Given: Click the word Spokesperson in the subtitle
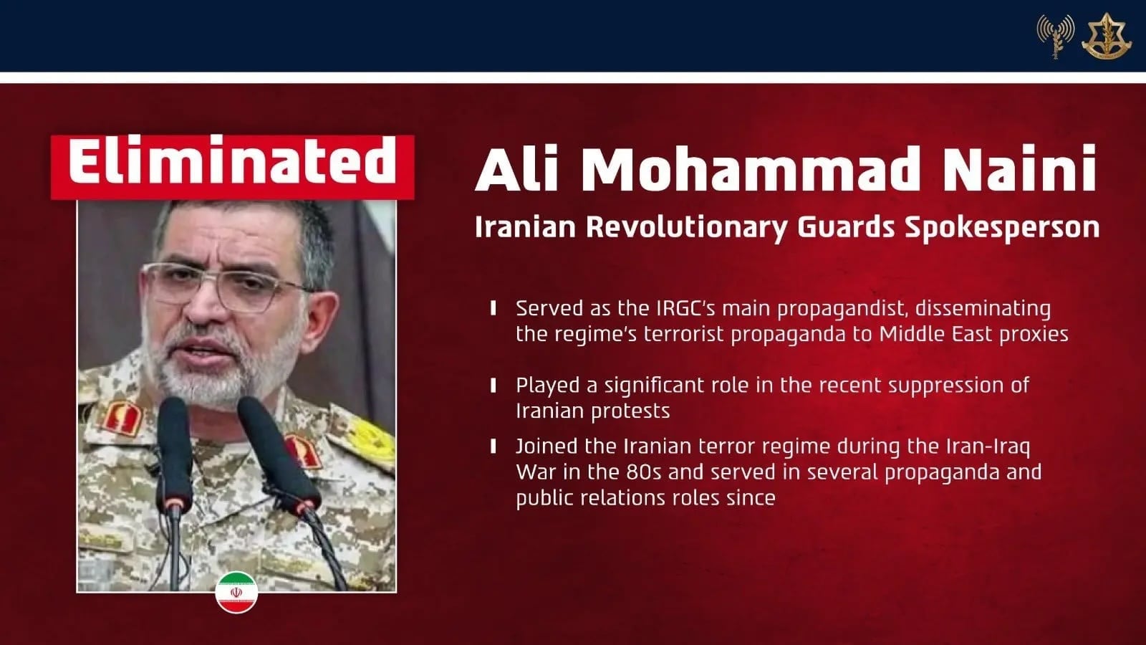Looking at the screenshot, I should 1002,227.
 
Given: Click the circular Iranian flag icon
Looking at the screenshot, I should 236,592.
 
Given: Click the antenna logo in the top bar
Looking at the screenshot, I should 1055,35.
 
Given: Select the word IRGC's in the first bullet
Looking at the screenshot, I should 685,308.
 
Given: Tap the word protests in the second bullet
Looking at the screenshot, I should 630,411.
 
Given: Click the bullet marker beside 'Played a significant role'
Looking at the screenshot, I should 493,386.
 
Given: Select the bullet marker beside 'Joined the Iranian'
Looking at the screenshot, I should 493,446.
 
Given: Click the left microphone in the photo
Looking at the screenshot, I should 174,451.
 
